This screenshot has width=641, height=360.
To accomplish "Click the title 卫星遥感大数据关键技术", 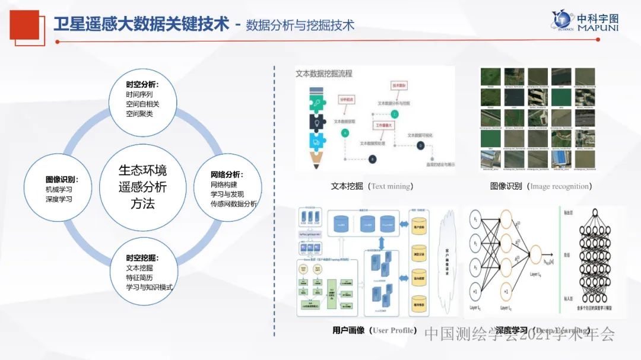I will tap(141, 24).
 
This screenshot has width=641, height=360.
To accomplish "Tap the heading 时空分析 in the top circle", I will tap(142, 84).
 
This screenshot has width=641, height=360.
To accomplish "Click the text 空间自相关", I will tap(142, 104).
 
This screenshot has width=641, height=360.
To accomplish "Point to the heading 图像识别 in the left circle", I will tap(62, 179).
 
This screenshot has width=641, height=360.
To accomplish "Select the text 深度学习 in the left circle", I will tap(59, 199).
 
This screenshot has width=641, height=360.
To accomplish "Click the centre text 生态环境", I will tap(142, 171).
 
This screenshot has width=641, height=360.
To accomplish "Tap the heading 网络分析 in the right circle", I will tap(227, 174).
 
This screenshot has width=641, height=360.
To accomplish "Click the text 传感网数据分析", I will tap(233, 203).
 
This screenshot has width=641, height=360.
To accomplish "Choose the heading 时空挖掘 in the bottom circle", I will tap(142, 258).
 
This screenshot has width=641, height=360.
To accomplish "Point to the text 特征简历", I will tap(140, 277).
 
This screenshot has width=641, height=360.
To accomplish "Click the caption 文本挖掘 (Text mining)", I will tap(372, 186).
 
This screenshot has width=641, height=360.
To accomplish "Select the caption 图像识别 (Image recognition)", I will tap(541, 186).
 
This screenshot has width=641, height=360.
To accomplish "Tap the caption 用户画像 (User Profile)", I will tap(375, 330).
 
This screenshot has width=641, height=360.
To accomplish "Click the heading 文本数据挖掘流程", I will tap(324, 74).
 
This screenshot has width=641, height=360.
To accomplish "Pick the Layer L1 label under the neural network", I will tap(475, 308).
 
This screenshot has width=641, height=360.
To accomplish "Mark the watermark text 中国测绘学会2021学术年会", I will tap(519, 334).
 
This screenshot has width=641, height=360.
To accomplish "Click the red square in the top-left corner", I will tap(24, 25).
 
